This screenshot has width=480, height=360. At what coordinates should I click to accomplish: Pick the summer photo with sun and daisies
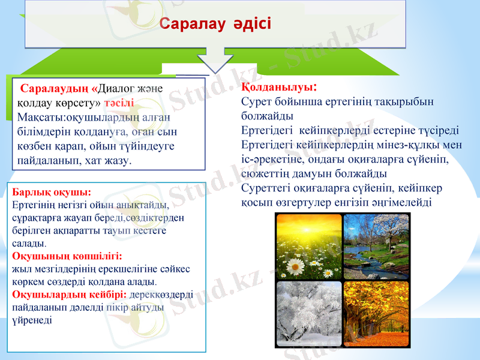click(308, 247)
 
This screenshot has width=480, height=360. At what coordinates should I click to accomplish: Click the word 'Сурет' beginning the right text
click(256, 102)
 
